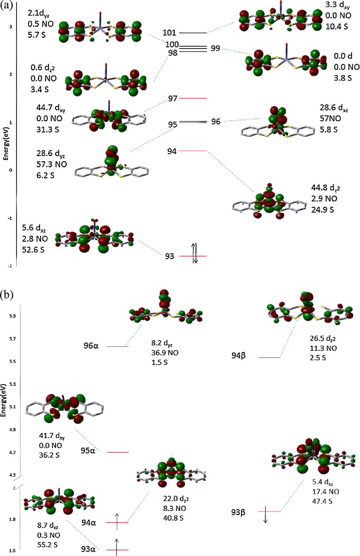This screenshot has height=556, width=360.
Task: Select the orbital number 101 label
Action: click(170, 33)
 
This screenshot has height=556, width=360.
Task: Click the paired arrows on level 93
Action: click(192, 255)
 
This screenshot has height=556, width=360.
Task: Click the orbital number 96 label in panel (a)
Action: click(215, 122)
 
